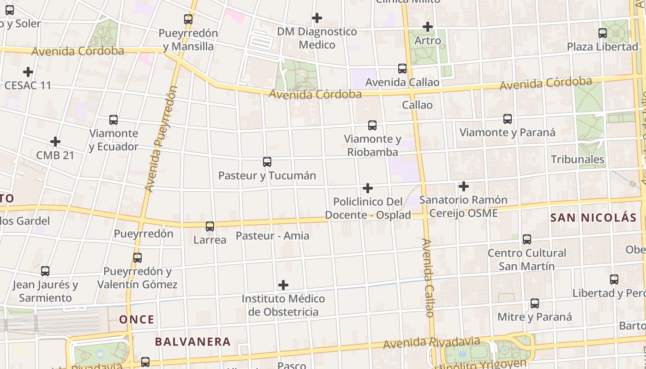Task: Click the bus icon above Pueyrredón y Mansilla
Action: click(x=188, y=19)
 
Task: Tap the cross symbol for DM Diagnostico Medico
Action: click(x=317, y=18)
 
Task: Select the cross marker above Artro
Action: click(x=428, y=27)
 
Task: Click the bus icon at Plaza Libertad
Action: click(x=603, y=33)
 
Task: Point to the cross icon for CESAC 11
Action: click(x=28, y=72)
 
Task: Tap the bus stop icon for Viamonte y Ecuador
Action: click(x=114, y=120)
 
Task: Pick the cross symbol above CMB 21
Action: click(x=55, y=142)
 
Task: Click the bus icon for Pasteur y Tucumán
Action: click(x=267, y=162)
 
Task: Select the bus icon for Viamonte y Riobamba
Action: click(x=372, y=125)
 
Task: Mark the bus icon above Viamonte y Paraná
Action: click(x=508, y=119)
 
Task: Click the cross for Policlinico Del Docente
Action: click(x=368, y=188)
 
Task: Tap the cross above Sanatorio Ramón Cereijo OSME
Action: click(x=464, y=186)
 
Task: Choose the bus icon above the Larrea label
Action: click(x=210, y=226)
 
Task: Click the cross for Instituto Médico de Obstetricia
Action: click(x=283, y=285)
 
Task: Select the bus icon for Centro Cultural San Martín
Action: click(x=527, y=239)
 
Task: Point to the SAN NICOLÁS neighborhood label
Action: click(x=593, y=218)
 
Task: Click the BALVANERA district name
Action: click(x=192, y=342)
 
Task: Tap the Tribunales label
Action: click(x=577, y=160)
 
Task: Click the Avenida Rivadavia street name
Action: click(x=431, y=343)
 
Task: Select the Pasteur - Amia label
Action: click(x=272, y=236)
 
